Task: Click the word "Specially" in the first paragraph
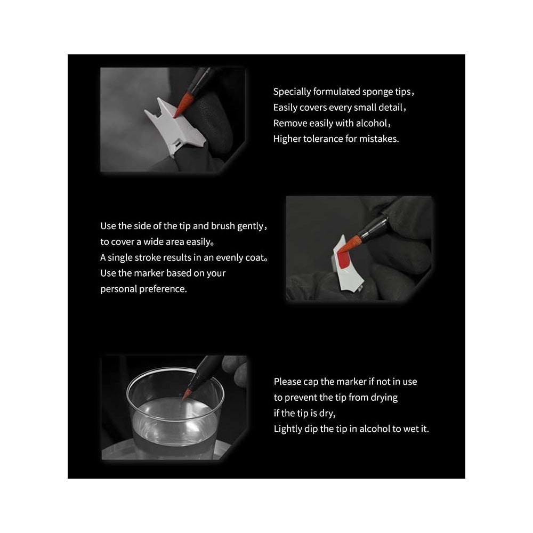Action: (x=292, y=92)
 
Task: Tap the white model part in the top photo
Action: (x=175, y=127)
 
